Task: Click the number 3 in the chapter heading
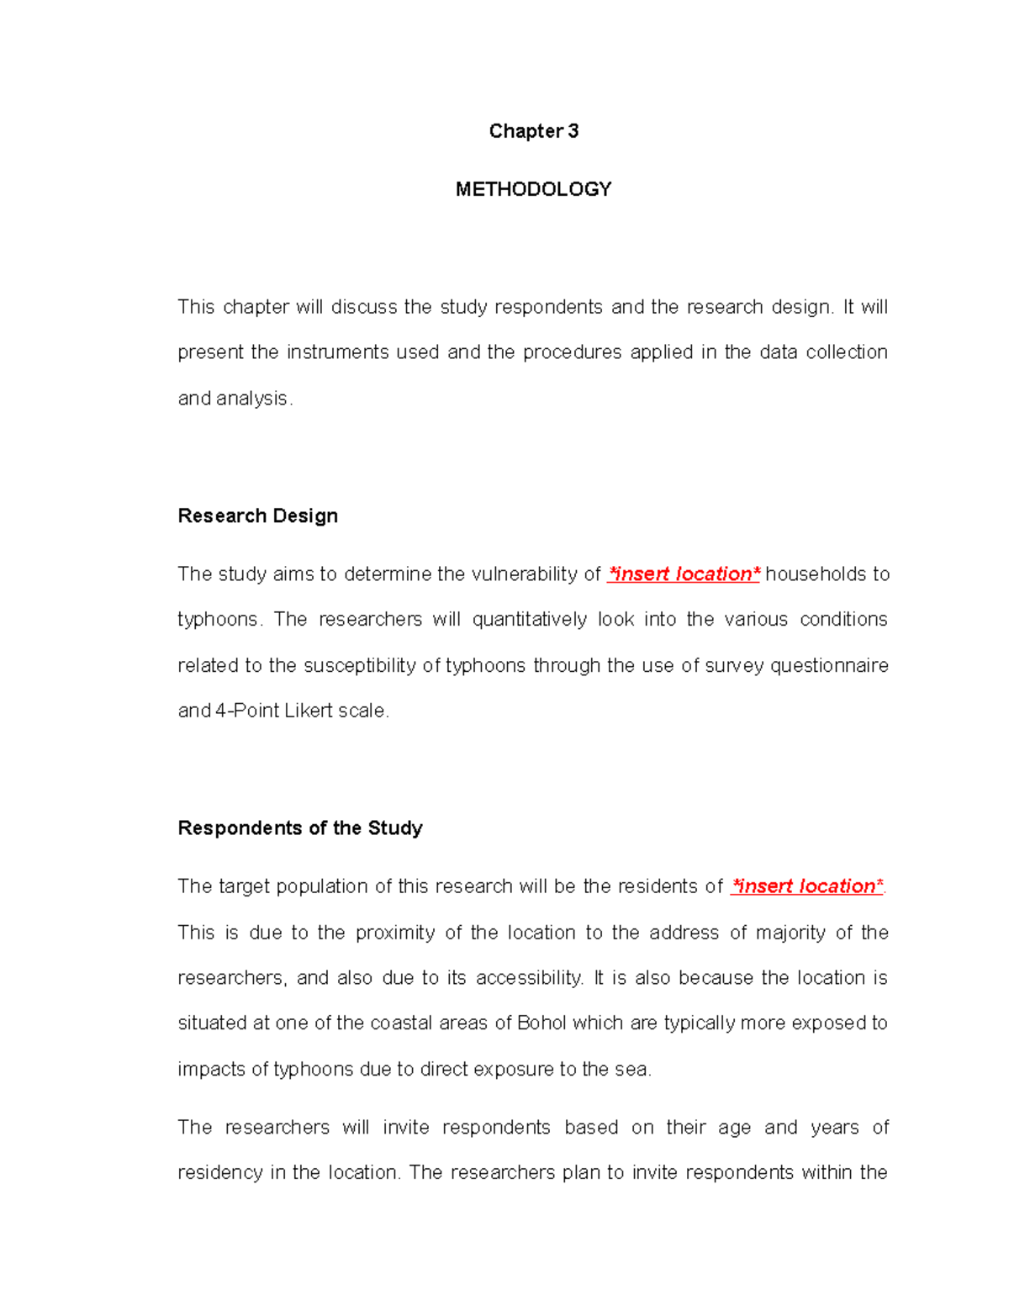[573, 131]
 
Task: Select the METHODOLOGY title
[533, 189]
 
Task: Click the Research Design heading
[257, 516]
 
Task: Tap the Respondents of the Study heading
[299, 828]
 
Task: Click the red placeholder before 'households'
[683, 574]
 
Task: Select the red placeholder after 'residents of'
[806, 886]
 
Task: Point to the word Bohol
[542, 1023]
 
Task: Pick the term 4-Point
[247, 711]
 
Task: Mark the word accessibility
[529, 978]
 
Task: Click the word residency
[219, 1173]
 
